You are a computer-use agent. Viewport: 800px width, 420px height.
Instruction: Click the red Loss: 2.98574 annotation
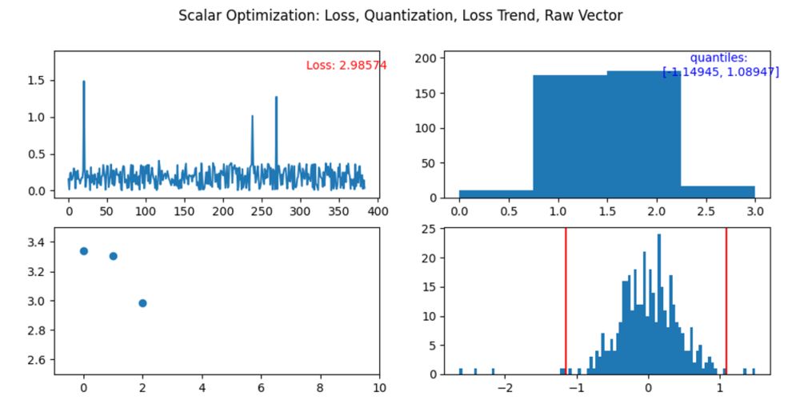pyautogui.click(x=346, y=66)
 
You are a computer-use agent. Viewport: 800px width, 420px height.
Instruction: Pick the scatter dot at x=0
pyautogui.click(x=83, y=251)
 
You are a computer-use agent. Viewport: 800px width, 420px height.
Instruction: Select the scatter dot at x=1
pyautogui.click(x=113, y=256)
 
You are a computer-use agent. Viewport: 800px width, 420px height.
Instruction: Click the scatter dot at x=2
pyautogui.click(x=142, y=303)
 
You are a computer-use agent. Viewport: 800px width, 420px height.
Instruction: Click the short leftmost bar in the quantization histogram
pyautogui.click(x=496, y=194)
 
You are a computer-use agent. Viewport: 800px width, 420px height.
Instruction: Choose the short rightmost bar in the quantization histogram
pyautogui.click(x=718, y=192)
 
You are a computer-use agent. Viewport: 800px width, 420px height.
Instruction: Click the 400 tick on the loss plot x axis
pyautogui.click(x=377, y=211)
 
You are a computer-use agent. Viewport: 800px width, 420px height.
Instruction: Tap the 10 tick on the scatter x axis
pyautogui.click(x=378, y=388)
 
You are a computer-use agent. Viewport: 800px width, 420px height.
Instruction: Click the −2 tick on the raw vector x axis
pyautogui.click(x=504, y=388)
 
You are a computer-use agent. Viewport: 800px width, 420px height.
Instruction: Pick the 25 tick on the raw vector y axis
pyautogui.click(x=430, y=229)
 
